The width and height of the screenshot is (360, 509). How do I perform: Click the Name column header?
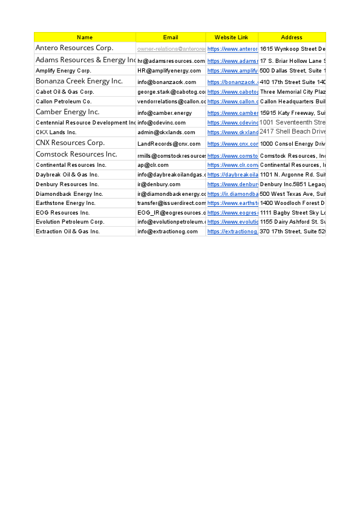click(85, 37)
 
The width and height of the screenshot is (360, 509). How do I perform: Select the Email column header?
click(171, 37)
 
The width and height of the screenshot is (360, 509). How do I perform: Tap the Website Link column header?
click(232, 37)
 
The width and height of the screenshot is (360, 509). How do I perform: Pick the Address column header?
click(292, 37)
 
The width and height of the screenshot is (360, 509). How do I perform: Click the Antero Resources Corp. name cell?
click(74, 48)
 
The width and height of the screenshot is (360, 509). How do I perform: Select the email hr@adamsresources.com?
click(171, 61)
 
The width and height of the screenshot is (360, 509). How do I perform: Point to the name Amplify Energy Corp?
click(64, 71)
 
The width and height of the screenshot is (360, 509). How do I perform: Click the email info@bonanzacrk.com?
click(167, 82)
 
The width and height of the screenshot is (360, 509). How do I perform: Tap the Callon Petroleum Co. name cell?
click(64, 102)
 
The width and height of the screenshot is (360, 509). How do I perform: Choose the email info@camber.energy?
click(165, 113)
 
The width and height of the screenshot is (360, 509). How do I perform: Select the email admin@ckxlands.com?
click(166, 132)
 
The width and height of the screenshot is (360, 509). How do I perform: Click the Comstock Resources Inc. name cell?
click(76, 154)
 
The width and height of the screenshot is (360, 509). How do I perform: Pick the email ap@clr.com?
click(153, 165)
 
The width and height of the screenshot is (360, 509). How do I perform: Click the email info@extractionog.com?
click(168, 232)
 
